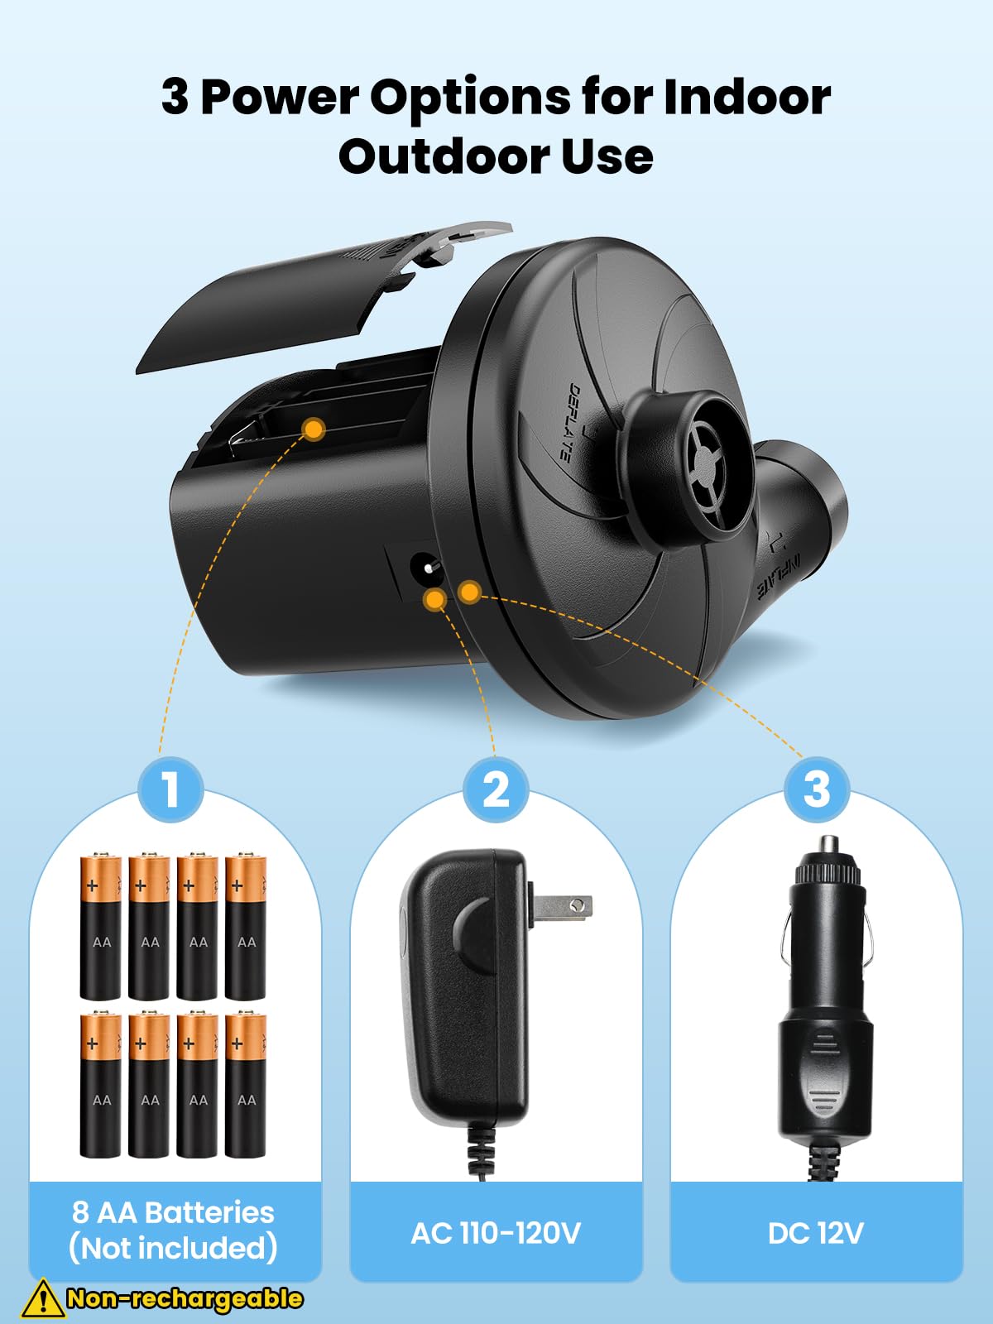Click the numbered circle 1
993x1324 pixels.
click(170, 789)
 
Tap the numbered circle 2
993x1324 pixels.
click(496, 789)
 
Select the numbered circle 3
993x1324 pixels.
click(816, 789)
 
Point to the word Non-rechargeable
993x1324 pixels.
click(185, 1298)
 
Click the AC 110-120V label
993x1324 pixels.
click(496, 1233)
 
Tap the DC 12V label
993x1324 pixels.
click(816, 1233)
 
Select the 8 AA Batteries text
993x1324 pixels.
click(173, 1212)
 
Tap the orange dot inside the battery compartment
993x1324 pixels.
click(314, 429)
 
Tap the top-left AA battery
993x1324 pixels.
click(101, 927)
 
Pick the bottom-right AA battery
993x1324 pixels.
click(246, 1084)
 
